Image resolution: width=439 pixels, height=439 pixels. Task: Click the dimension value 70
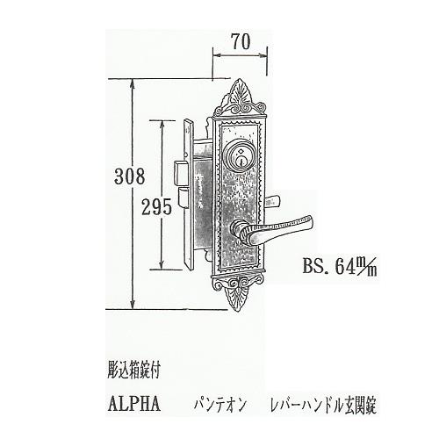point(241,41)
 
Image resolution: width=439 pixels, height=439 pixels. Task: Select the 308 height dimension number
point(130,176)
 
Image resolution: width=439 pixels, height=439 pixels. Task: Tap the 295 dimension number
point(156,207)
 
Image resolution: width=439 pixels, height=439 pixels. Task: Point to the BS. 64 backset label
point(340,265)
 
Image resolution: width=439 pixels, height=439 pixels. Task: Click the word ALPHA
point(134,404)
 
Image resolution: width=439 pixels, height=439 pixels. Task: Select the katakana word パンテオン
point(219,405)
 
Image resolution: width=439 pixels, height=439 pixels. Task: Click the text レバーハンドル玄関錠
point(323,405)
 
